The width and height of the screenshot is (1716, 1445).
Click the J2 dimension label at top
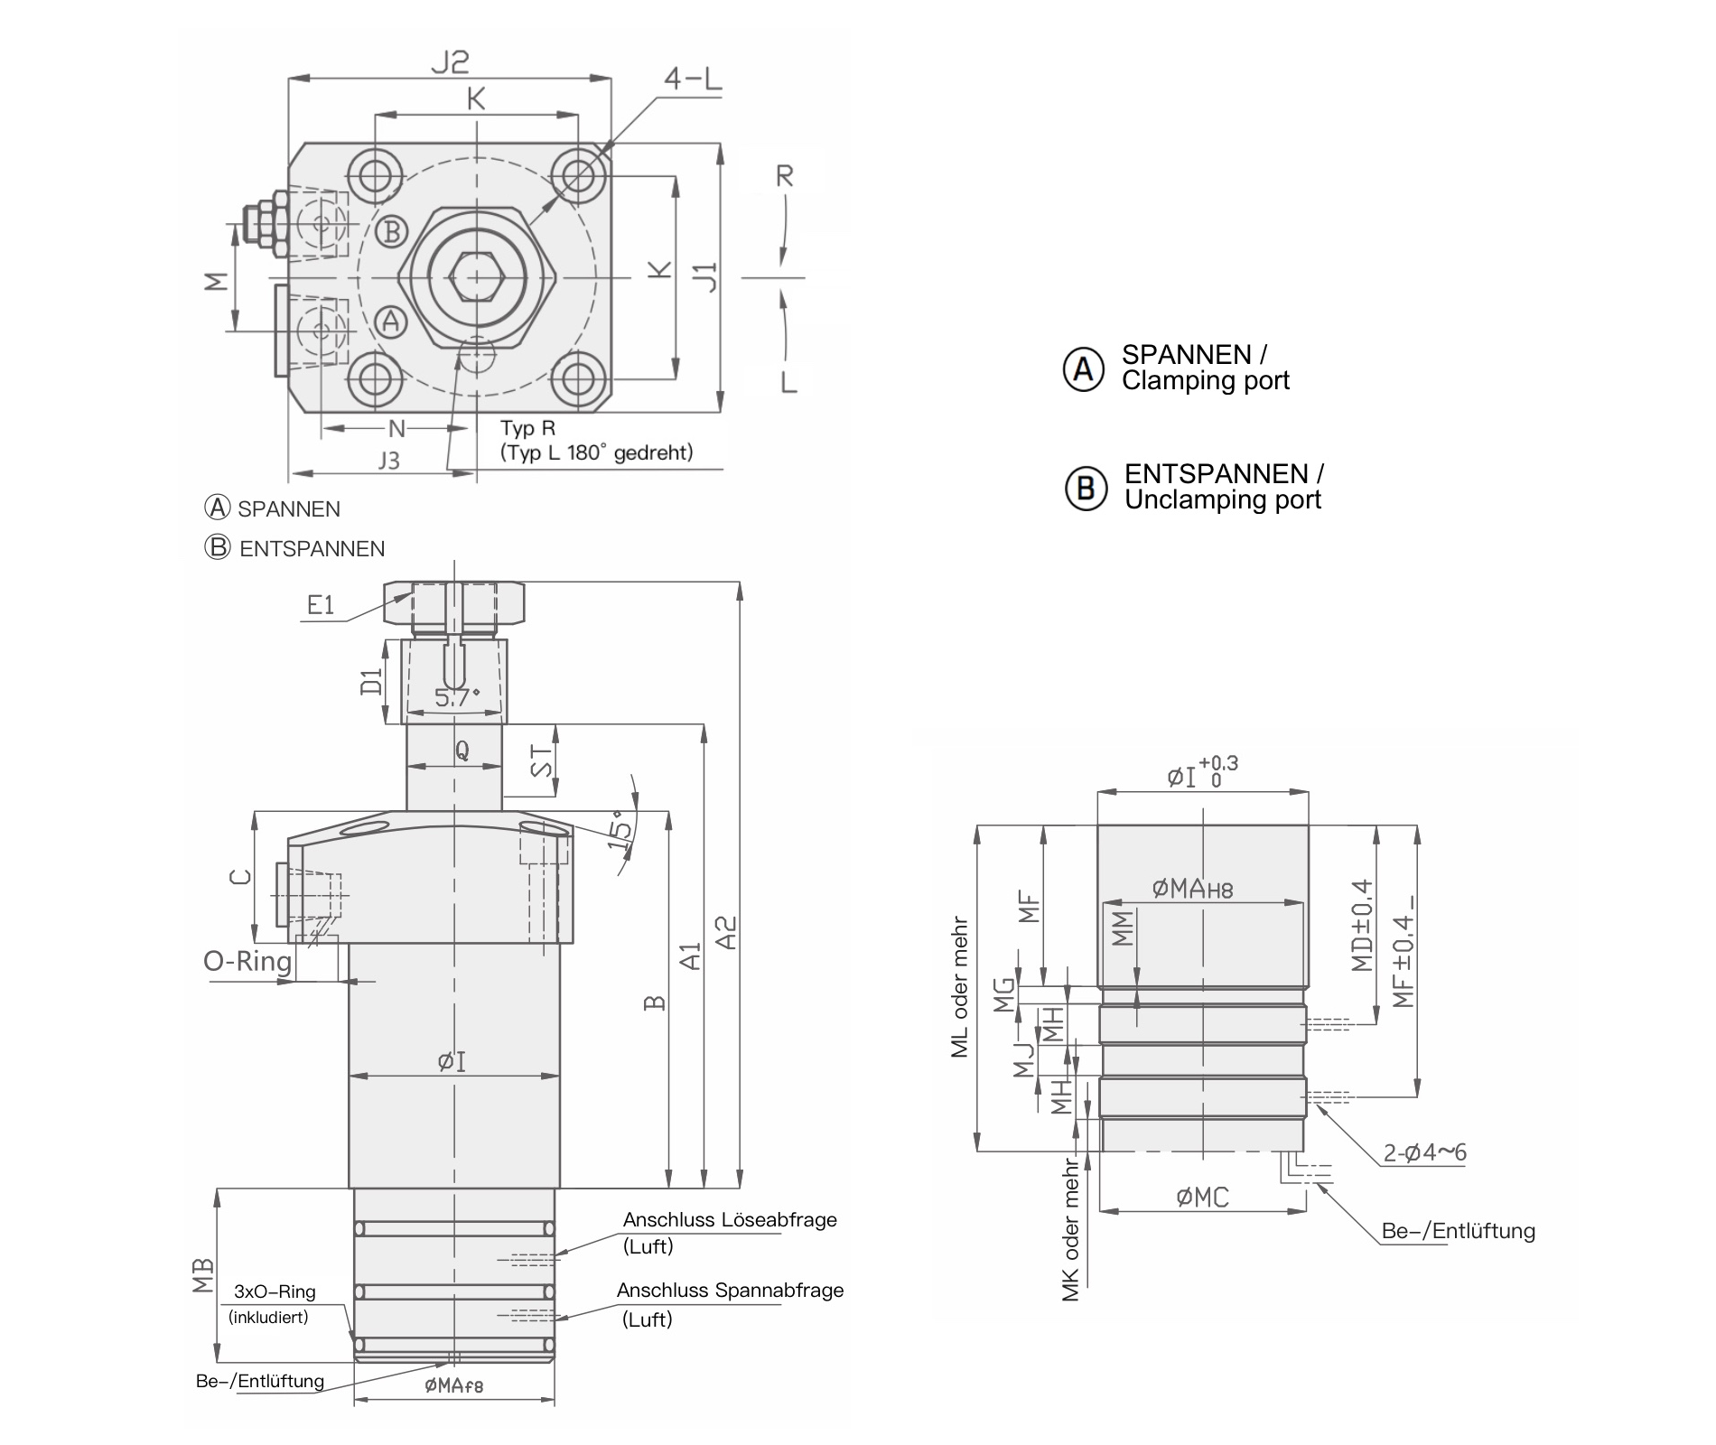(x=450, y=62)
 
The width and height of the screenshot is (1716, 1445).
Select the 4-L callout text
(x=693, y=79)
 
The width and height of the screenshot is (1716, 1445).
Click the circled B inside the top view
(x=391, y=232)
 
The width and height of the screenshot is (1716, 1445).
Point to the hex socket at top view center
(x=476, y=275)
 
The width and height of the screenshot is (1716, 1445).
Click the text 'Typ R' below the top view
(x=528, y=428)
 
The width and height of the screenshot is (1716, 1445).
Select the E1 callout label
(x=321, y=605)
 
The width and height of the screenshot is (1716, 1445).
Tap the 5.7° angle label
(x=457, y=697)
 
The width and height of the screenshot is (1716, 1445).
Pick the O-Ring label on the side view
(x=247, y=961)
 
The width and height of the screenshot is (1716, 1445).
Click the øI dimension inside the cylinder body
(x=452, y=1062)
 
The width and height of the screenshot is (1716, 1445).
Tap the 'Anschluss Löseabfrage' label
(x=730, y=1220)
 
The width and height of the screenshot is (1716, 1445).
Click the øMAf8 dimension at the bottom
(x=454, y=1385)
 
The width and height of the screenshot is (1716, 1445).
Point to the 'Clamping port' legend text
(x=1205, y=381)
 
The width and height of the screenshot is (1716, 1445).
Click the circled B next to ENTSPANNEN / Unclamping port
(x=1085, y=488)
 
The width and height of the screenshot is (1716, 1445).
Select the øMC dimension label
(x=1202, y=1198)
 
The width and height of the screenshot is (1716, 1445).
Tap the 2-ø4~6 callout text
(x=1424, y=1152)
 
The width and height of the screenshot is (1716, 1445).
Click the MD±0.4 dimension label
(x=1362, y=925)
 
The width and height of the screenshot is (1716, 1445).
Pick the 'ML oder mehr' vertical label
(x=959, y=988)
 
